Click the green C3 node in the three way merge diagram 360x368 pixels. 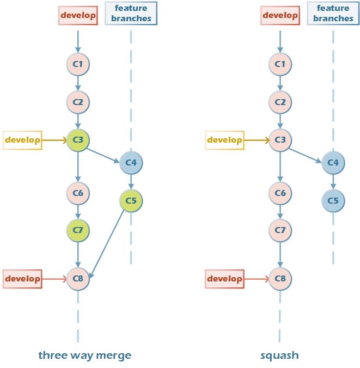pos(78,140)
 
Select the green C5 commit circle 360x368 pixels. pos(131,201)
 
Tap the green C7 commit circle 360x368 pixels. pos(78,230)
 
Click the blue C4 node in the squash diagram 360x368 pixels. pos(333,162)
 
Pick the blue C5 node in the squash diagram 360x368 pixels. pos(333,201)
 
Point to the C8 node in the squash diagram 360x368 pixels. pos(280,279)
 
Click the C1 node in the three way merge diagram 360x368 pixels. pos(78,64)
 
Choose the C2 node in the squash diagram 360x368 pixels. pos(280,102)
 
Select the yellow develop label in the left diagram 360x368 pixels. pos(22,140)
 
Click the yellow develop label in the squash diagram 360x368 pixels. pos(225,140)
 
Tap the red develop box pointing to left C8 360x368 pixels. pos(22,279)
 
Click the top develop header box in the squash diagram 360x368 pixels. pos(280,15)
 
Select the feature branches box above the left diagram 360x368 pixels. pos(131,13)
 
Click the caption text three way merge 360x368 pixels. pos(84,355)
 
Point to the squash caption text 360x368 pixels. pos(279,355)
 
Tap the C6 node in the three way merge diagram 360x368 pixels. pos(78,192)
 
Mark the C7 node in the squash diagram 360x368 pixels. pos(280,230)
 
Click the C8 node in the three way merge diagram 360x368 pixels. pos(78,279)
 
